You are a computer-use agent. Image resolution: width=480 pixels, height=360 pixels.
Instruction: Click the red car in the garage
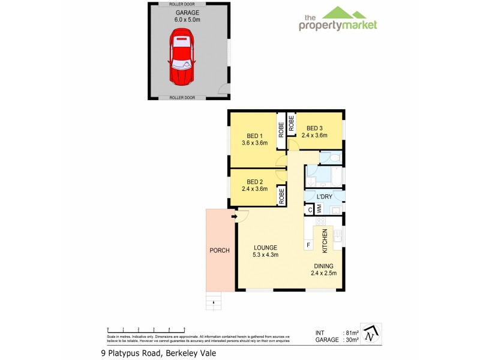tap(183, 59)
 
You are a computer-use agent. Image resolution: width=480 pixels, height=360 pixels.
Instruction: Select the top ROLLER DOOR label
tap(182, 4)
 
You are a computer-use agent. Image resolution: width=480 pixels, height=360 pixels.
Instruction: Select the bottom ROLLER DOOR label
tap(182, 97)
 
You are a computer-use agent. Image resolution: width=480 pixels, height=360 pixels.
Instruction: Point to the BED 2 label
tap(255, 185)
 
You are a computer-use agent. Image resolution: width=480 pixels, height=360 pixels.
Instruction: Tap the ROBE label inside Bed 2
tap(280, 196)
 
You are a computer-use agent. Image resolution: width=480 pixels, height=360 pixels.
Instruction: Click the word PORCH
tap(219, 250)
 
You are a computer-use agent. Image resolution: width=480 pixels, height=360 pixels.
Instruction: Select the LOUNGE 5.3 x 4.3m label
tap(265, 251)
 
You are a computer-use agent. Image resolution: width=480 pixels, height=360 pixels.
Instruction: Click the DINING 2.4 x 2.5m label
tap(323, 269)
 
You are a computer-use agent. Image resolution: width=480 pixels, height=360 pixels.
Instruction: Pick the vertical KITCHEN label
tap(325, 241)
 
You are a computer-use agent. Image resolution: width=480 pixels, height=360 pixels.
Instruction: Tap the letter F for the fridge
tap(308, 245)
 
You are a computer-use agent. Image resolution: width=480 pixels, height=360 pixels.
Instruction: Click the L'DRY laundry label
tap(325, 197)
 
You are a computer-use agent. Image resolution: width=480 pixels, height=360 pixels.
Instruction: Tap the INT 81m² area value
tap(352, 332)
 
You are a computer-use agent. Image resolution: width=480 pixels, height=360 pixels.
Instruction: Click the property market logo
tap(338, 19)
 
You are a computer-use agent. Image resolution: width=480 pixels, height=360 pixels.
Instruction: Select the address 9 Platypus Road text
tap(158, 353)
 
